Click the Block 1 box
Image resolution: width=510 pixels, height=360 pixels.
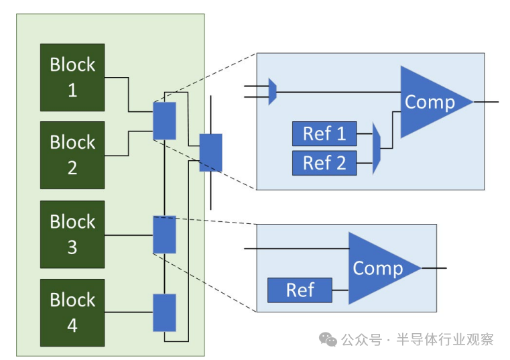(x=72, y=77)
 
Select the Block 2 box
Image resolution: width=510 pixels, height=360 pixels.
(x=72, y=155)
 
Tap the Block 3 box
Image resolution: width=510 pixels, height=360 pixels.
(x=72, y=234)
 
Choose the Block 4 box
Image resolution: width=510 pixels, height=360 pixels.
(x=72, y=312)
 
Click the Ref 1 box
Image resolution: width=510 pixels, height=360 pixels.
(x=324, y=133)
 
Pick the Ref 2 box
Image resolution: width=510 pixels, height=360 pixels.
(x=324, y=162)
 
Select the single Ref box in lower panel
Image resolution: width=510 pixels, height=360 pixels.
(x=300, y=290)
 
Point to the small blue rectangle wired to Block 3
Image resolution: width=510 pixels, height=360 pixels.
(x=164, y=235)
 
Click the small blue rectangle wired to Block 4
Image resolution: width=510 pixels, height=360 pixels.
(x=164, y=312)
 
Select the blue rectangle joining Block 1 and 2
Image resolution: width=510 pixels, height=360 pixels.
(x=164, y=121)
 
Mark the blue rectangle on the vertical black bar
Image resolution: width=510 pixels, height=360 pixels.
(x=210, y=153)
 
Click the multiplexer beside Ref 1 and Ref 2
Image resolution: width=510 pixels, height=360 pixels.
(x=377, y=148)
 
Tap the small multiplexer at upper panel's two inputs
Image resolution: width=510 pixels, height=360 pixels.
(x=272, y=92)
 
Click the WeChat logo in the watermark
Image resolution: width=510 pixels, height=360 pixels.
(x=328, y=340)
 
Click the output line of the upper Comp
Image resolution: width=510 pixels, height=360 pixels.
(x=487, y=102)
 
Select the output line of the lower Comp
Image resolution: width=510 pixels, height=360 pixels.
(x=434, y=268)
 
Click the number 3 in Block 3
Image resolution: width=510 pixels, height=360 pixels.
(x=72, y=247)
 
